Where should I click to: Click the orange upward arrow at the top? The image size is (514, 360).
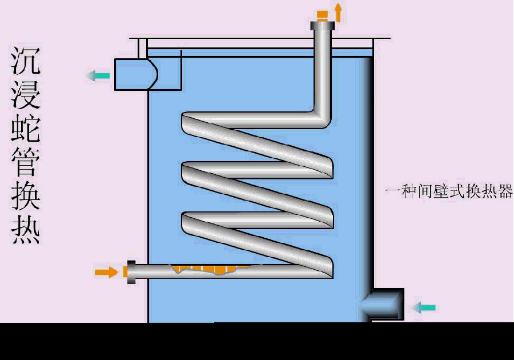[338, 12]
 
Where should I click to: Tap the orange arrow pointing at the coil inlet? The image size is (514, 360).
[105, 272]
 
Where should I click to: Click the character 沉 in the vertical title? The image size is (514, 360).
[26, 62]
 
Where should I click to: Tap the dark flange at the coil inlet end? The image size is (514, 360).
[131, 273]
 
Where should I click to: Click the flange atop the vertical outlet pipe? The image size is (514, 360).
[323, 25]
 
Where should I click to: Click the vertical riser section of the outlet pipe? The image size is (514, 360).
[323, 69]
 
